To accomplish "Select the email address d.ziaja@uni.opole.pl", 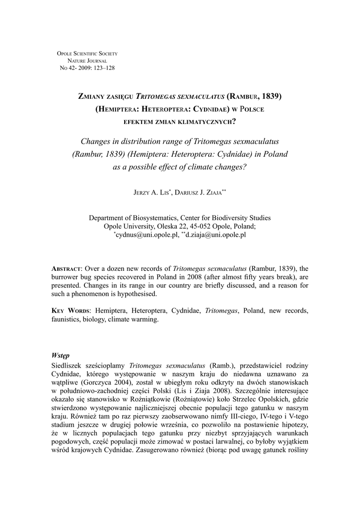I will pyautogui.click(x=215, y=235).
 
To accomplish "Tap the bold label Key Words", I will pyautogui.click(x=71, y=311).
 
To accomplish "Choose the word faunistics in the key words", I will pyautogui.click(x=67, y=319).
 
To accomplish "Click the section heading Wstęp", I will pyautogui.click(x=61, y=355).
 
